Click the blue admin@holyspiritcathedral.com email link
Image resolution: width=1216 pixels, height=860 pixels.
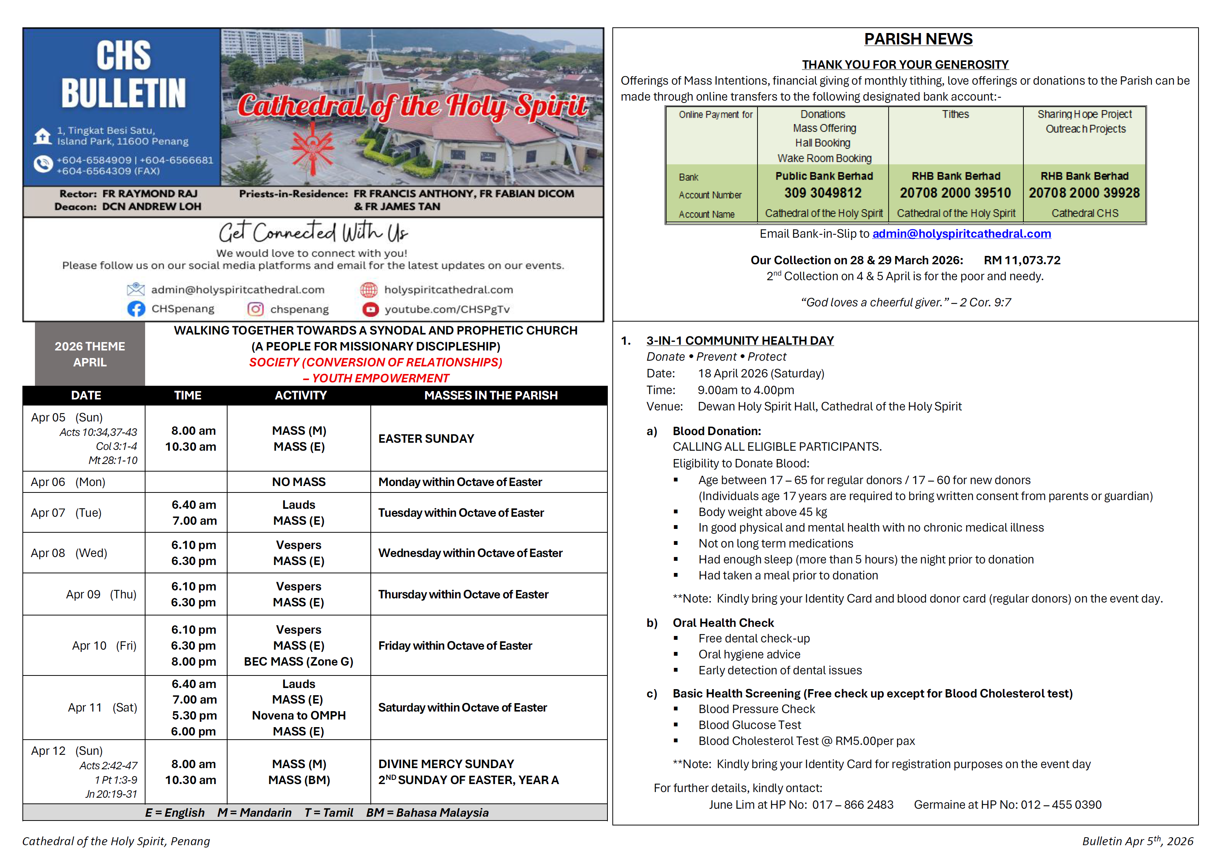(x=961, y=234)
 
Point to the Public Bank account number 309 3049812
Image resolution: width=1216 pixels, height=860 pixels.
(x=823, y=193)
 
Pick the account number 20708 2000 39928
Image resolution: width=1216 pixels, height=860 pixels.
(x=1084, y=193)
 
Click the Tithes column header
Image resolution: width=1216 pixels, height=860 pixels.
(x=955, y=114)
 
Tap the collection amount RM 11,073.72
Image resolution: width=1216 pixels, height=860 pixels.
(x=1022, y=260)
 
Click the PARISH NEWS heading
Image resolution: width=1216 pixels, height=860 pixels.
(x=918, y=39)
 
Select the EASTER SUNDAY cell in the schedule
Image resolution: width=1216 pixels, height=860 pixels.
(x=426, y=439)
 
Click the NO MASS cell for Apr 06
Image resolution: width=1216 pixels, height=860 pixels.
(x=299, y=482)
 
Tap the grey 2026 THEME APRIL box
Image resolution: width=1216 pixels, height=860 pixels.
(x=90, y=354)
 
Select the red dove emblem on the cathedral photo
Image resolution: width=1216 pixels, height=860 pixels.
(x=313, y=148)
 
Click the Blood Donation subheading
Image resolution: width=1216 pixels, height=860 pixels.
(x=716, y=431)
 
